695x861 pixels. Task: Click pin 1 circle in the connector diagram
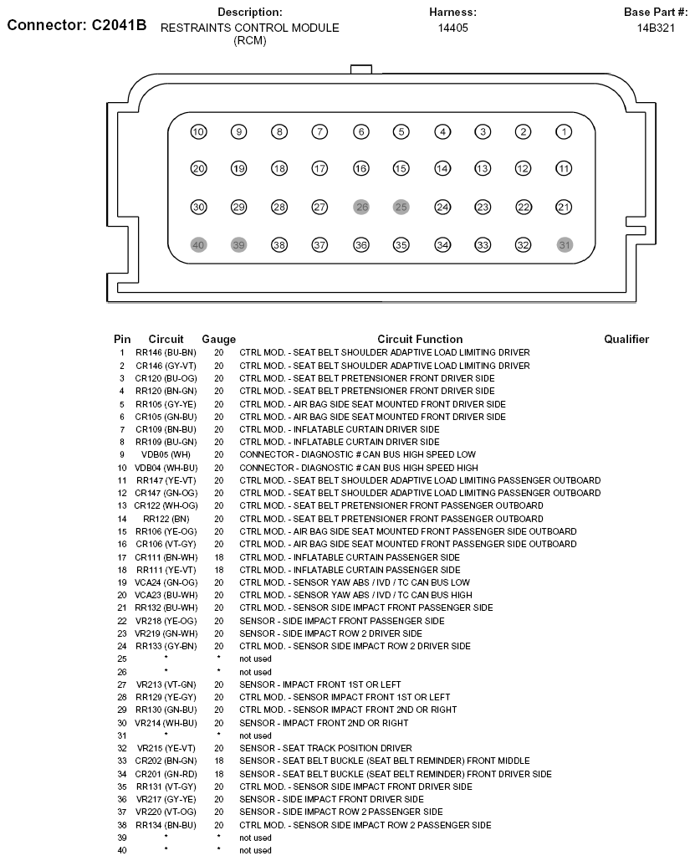coord(565,131)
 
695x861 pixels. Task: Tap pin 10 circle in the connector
coord(198,131)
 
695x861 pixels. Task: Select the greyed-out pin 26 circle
coord(361,207)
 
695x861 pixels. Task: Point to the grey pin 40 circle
coord(198,245)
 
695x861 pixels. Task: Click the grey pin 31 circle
coord(565,245)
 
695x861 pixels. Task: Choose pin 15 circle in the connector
coord(401,169)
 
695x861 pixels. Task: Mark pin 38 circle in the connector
coord(279,245)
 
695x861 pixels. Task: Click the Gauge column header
coord(218,339)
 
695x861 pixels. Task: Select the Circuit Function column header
coord(420,339)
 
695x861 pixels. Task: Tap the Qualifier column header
coord(626,339)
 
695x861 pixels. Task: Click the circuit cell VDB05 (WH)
coord(166,454)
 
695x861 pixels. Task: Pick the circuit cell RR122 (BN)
coord(166,519)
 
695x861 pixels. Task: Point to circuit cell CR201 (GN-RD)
coord(166,774)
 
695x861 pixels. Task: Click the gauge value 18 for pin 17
coord(218,556)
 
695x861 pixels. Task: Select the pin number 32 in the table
coord(122,748)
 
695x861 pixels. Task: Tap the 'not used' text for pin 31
coord(255,735)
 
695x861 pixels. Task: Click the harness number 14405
coord(452,27)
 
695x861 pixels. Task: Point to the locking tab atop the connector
coord(361,69)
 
